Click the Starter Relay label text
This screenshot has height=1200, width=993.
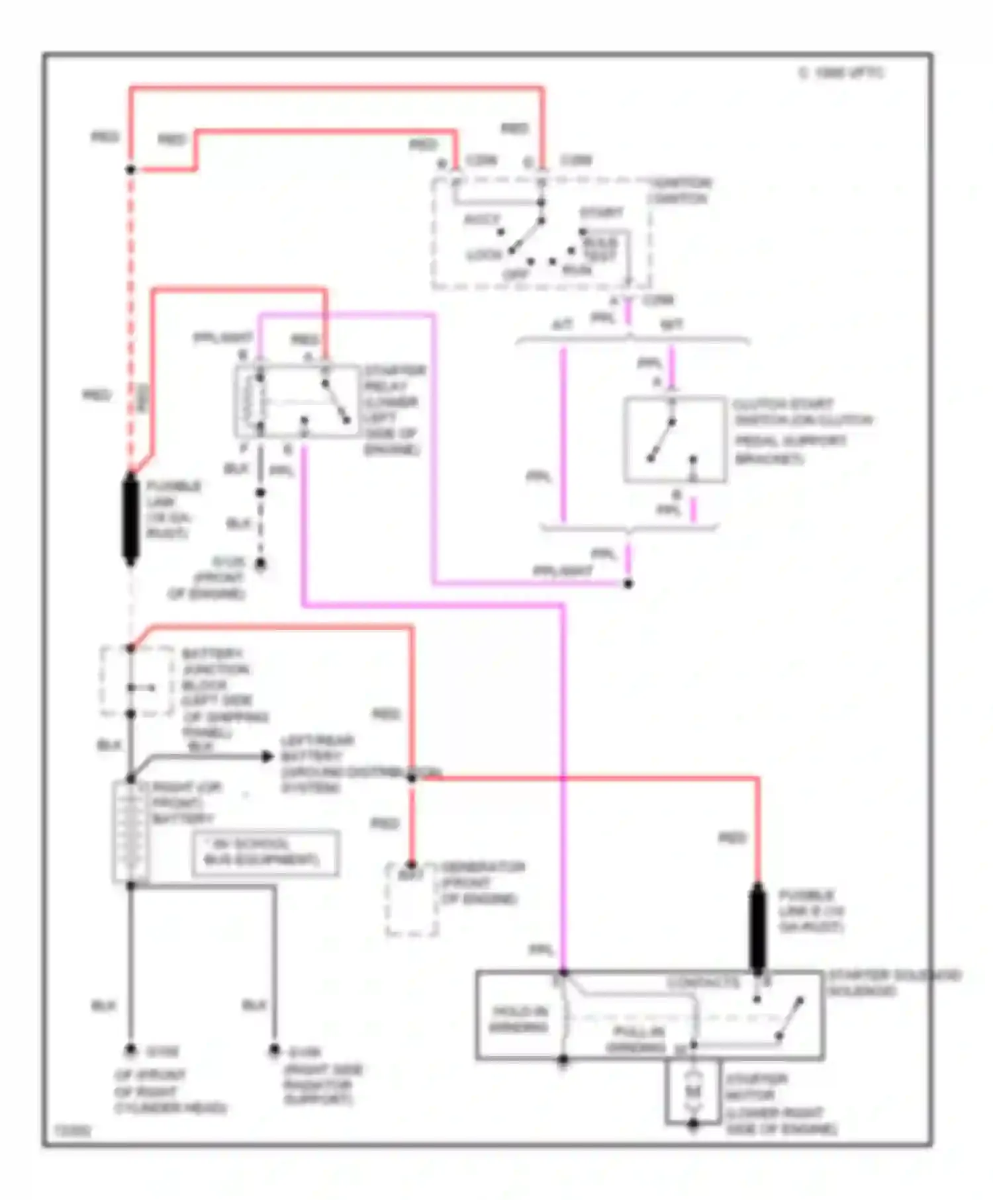[393, 410]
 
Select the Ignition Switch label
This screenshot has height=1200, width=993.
[679, 191]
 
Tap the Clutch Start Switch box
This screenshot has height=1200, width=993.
[675, 440]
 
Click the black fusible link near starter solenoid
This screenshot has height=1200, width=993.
[757, 929]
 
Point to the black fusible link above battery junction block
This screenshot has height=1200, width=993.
[131, 519]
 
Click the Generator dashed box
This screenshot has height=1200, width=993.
[412, 900]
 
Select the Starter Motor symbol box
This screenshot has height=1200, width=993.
[692, 1092]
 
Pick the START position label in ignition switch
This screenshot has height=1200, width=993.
[601, 213]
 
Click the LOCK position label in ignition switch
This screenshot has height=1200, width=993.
[485, 255]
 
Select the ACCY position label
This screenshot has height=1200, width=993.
[482, 219]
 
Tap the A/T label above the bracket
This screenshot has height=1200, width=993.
[563, 324]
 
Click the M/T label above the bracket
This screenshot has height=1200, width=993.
[671, 324]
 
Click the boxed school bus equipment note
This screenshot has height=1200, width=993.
[265, 853]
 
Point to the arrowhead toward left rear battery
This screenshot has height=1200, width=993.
[267, 756]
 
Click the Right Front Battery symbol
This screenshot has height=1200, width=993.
[129, 832]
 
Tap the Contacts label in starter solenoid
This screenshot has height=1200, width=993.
[703, 983]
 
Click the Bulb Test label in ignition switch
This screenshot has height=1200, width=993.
[601, 249]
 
